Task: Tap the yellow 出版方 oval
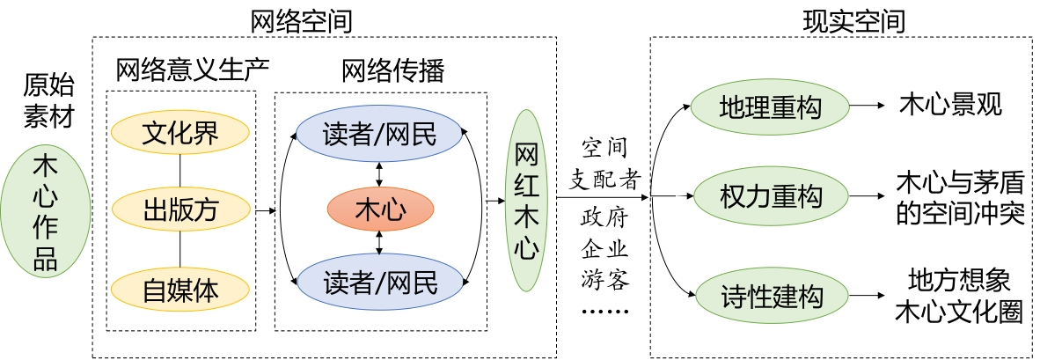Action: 181,209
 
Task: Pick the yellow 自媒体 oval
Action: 181,288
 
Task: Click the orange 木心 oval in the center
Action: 380,210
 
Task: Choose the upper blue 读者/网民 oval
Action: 379,134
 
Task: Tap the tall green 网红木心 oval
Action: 526,201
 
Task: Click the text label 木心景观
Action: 950,107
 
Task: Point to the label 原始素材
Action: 48,99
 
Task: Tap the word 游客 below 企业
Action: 604,280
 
